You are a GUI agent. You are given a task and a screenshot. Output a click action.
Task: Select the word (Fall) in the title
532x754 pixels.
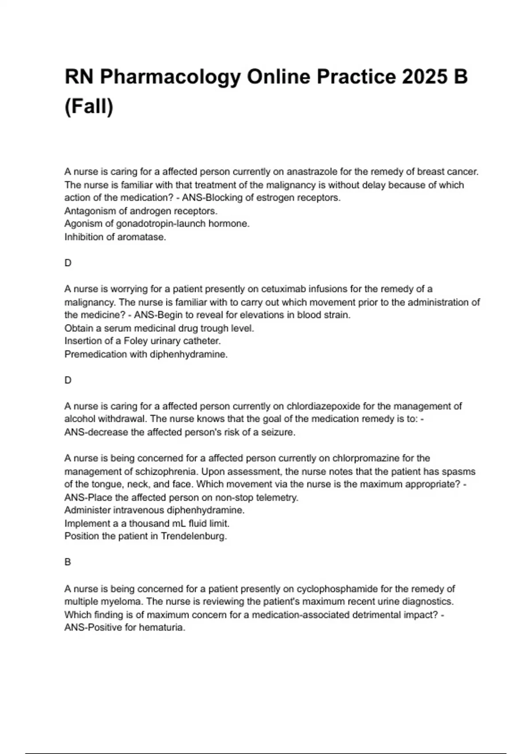pyautogui.click(x=89, y=106)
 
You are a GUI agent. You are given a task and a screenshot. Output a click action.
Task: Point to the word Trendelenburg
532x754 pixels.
pyautogui.click(x=193, y=536)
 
